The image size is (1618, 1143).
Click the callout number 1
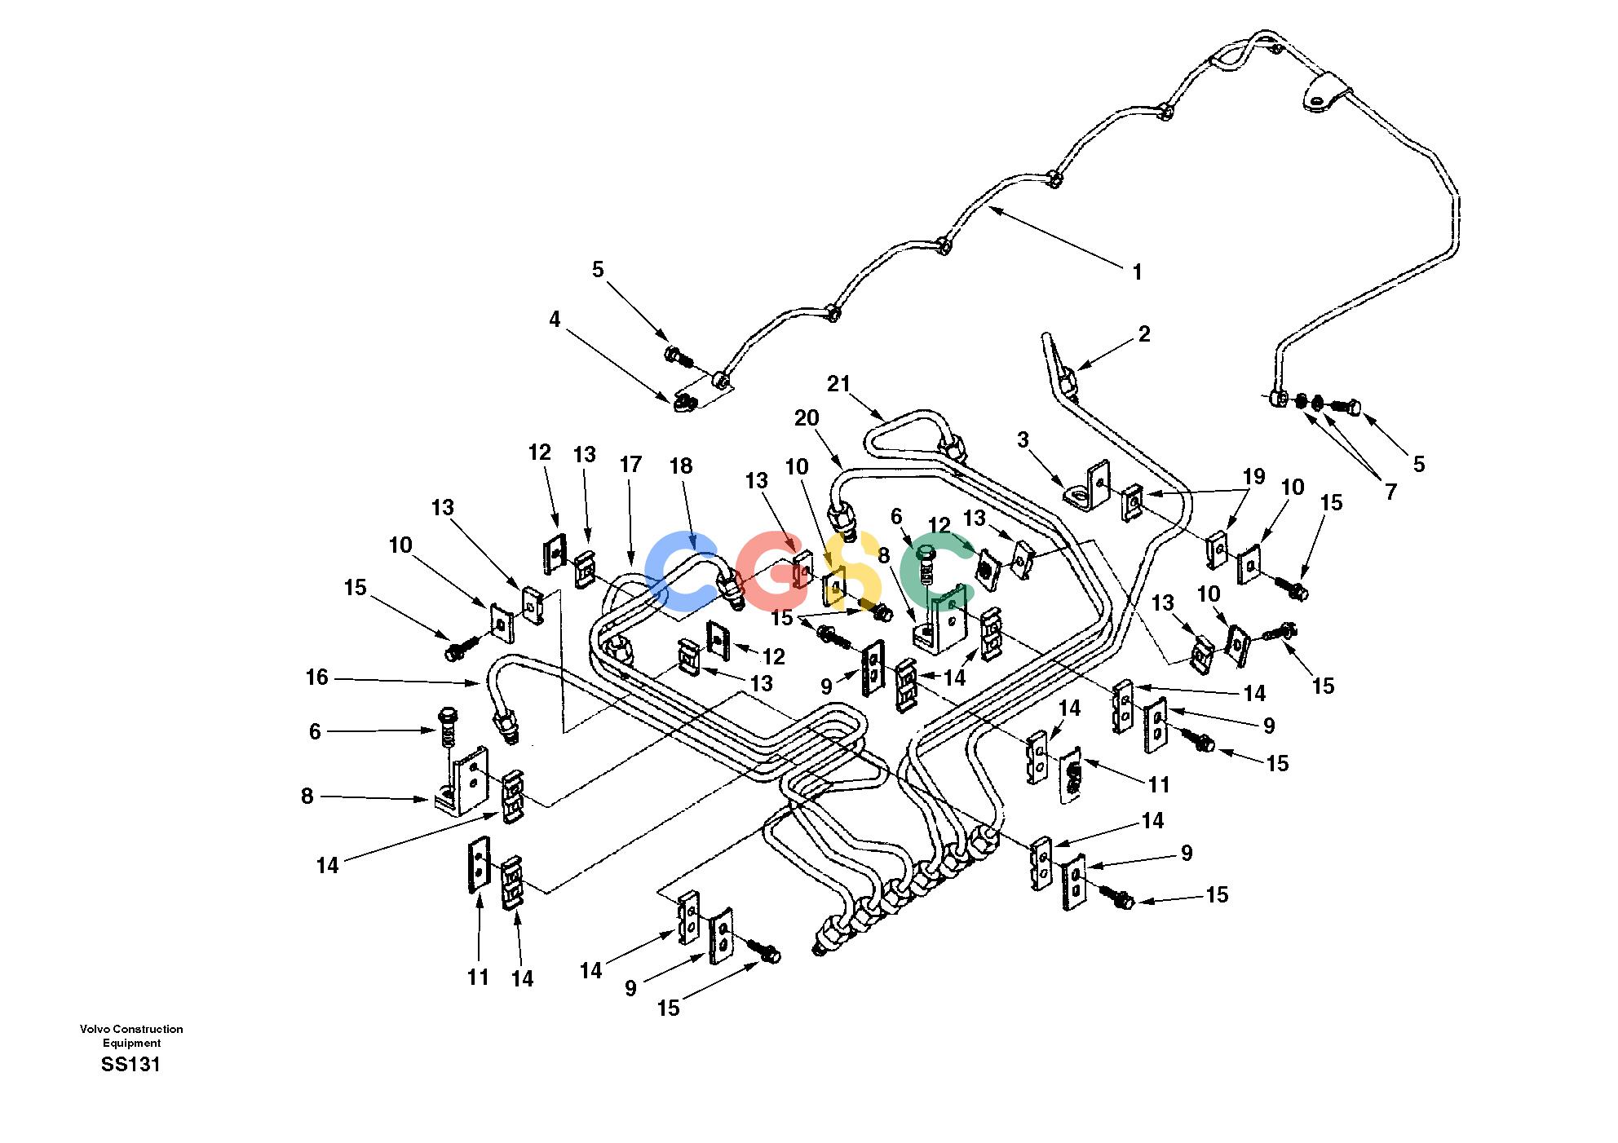(1138, 273)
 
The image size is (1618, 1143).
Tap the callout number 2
(1144, 333)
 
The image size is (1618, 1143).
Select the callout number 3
(1023, 441)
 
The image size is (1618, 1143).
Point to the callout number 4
(555, 320)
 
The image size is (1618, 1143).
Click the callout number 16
(316, 677)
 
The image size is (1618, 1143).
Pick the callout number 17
(630, 465)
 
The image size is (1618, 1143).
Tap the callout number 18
(680, 466)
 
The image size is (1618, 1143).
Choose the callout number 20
(807, 418)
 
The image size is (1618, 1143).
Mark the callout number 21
(838, 384)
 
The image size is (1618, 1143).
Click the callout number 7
(1390, 491)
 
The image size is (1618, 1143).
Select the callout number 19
(1253, 476)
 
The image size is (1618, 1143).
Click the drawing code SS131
(130, 1065)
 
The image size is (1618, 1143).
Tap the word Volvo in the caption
(95, 1029)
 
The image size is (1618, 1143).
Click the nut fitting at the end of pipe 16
(508, 725)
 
